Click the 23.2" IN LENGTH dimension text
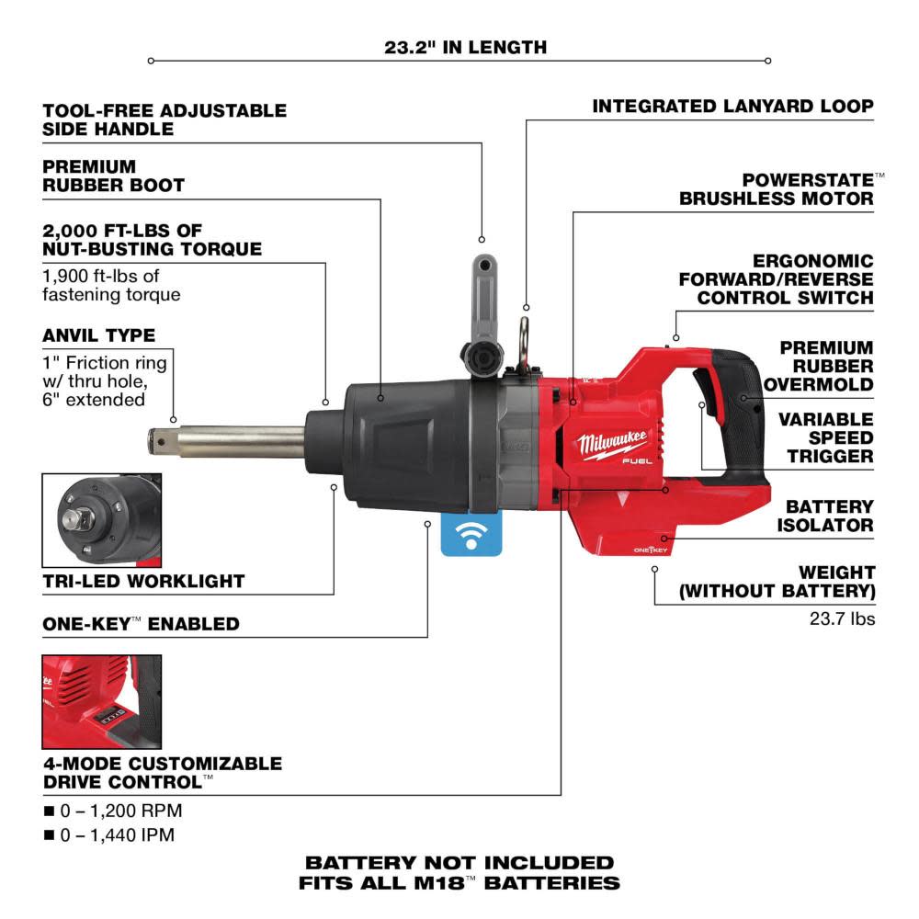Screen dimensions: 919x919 click(x=465, y=46)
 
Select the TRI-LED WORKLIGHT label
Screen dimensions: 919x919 click(x=143, y=581)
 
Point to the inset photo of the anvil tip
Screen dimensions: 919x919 click(x=101, y=520)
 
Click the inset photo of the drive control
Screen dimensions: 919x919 click(x=101, y=700)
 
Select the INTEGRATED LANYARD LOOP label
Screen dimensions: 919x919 click(x=732, y=107)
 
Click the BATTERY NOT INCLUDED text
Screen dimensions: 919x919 click(x=459, y=863)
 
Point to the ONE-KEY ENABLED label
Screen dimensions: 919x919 click(x=141, y=624)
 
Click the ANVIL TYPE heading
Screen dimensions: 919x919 click(x=98, y=335)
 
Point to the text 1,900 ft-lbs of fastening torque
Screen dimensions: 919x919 click(x=112, y=284)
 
